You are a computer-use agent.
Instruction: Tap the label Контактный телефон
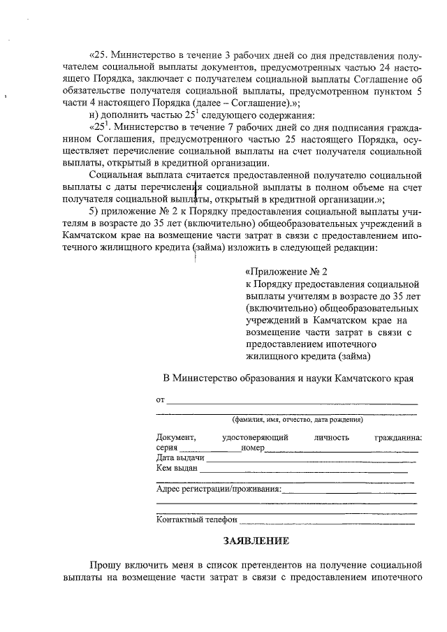(x=197, y=520)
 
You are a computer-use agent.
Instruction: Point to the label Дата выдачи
(x=180, y=457)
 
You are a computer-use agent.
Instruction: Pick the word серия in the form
(x=168, y=448)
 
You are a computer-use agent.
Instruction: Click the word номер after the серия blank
(x=251, y=448)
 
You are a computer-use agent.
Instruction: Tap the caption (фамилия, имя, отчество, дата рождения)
(x=297, y=420)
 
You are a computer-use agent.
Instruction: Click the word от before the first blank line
(x=161, y=400)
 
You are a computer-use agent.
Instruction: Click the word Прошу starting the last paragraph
(x=105, y=564)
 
